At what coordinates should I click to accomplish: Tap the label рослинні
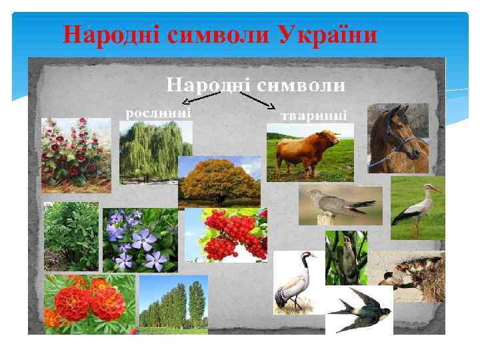(x=159, y=112)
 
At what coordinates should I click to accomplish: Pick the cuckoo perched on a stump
(x=340, y=205)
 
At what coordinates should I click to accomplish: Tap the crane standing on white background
(x=296, y=282)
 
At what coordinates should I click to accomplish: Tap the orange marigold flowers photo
(x=89, y=304)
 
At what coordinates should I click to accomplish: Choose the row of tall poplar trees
(x=173, y=304)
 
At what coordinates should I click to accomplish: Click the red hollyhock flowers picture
(x=75, y=155)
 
